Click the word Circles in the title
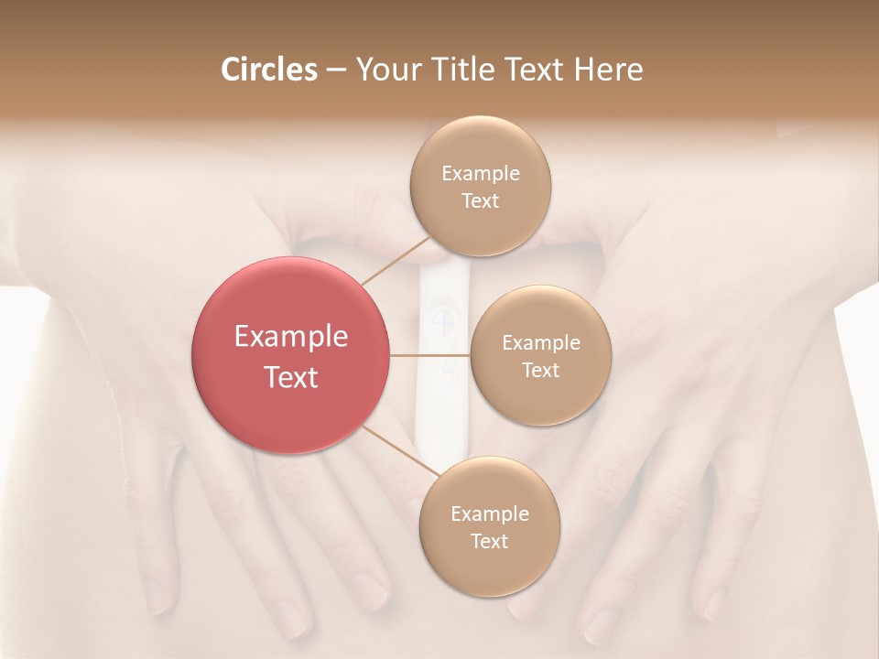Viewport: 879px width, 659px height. coord(268,70)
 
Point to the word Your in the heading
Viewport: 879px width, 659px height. coord(386,70)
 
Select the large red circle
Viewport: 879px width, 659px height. coord(291,403)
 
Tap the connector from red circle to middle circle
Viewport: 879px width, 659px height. coord(430,355)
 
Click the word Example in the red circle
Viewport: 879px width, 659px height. coord(291,337)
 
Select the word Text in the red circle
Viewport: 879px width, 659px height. coord(291,377)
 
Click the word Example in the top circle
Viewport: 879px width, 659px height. coord(481,174)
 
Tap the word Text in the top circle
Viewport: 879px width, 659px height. coord(481,201)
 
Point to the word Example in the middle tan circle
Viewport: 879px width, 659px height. coord(540,343)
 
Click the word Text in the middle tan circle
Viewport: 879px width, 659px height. coord(540,370)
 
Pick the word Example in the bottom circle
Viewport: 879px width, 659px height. coord(490,514)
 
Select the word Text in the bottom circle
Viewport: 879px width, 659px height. coord(490,541)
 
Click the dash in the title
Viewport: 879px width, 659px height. coord(336,70)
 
